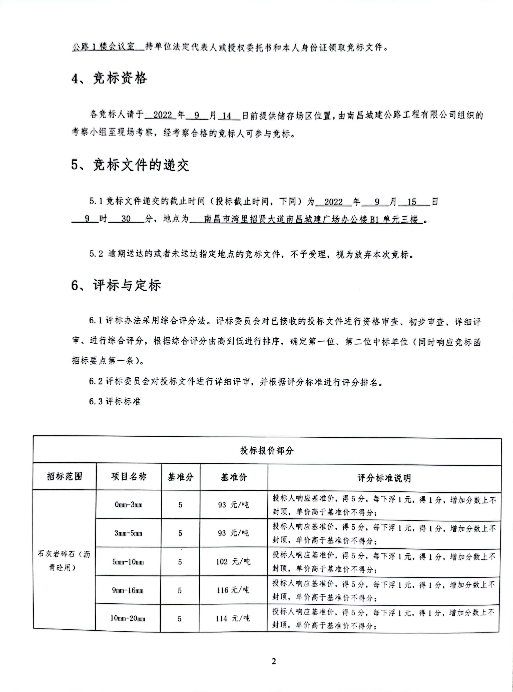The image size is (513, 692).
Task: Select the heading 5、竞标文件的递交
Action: pos(130,165)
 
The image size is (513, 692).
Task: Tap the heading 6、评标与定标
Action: pos(116,285)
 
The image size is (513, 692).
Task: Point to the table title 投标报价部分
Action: pos(267,450)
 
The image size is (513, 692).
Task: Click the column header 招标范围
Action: pos(64,476)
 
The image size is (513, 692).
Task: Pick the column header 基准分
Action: pos(180,477)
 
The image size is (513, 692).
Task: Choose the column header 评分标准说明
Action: pos(384,478)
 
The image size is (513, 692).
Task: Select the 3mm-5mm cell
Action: pos(128,533)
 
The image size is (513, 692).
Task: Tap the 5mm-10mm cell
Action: pos(128,562)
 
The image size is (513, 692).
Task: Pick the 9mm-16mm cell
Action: pos(128,590)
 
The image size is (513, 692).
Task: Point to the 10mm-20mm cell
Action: pos(127,618)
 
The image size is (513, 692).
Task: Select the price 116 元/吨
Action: pos(233,590)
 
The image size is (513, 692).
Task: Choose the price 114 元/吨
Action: pos(233,618)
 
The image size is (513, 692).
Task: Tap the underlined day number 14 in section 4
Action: pos(227,116)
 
